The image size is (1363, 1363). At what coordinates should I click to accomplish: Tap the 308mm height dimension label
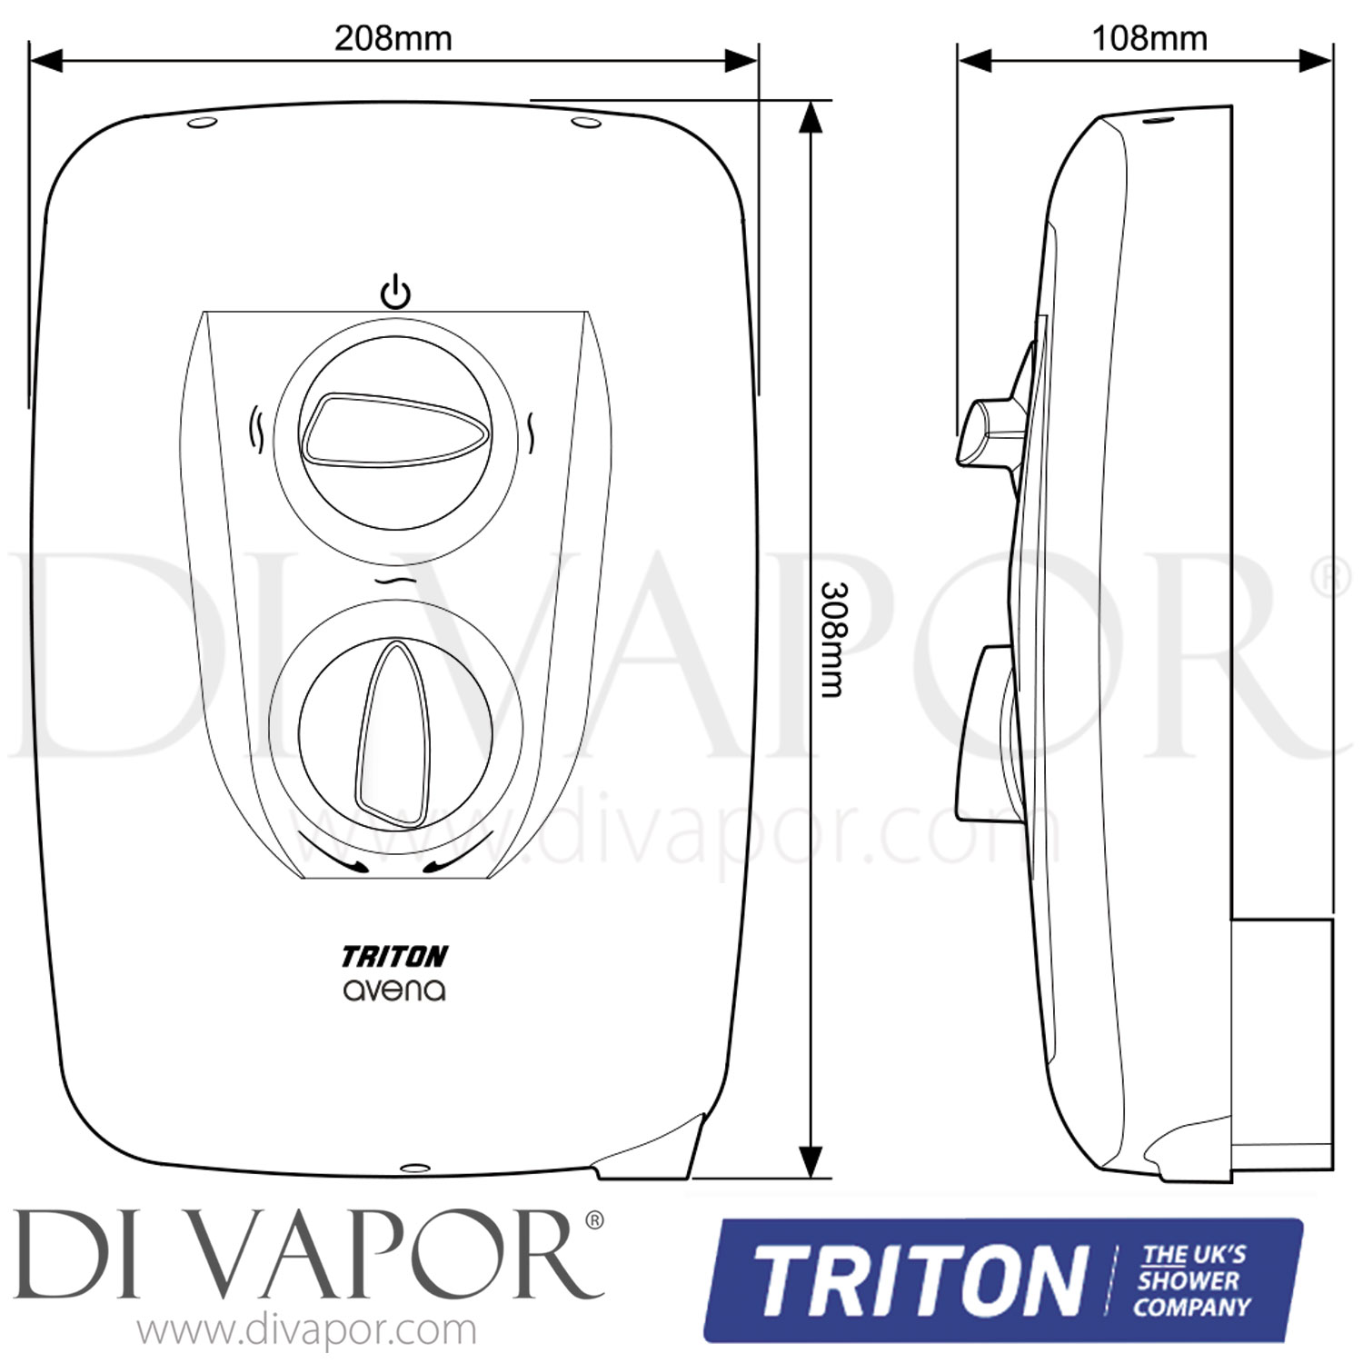pos(832,639)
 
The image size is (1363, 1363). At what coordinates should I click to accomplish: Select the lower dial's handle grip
pos(395,734)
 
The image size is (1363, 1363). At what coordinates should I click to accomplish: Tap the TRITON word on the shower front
pos(394,956)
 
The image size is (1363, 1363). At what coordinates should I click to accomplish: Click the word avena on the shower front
pos(394,990)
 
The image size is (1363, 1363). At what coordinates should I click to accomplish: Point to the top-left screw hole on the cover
pos(202,123)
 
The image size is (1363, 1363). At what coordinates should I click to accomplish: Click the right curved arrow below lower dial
pos(459,855)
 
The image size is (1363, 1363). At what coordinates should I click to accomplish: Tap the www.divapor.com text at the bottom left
pos(307,1331)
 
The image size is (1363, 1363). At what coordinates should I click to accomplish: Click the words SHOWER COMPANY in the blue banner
pos(1192,1295)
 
